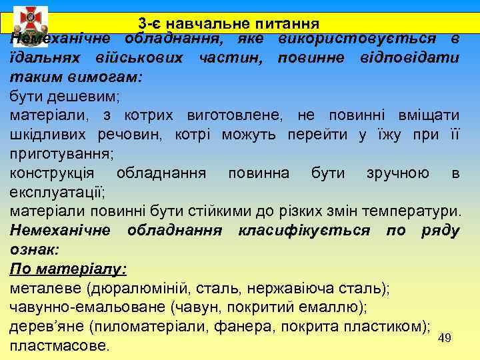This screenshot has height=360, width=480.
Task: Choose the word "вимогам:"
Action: (x=107, y=77)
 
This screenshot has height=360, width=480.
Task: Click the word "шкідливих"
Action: (x=43, y=135)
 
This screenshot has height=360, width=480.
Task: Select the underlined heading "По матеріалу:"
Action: (x=69, y=269)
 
